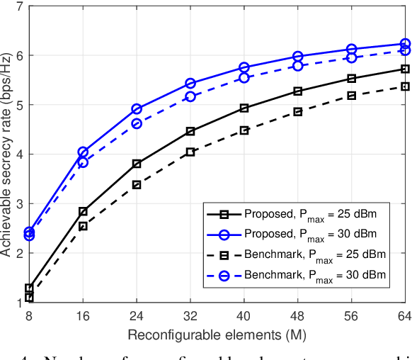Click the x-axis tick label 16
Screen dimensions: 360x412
pyautogui.click(x=83, y=317)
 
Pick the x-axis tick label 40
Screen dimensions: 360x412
pyautogui.click(x=244, y=317)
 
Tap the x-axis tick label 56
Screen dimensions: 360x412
pyautogui.click(x=352, y=317)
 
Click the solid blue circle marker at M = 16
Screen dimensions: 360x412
pyautogui.click(x=83, y=152)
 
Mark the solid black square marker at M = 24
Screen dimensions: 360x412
pyautogui.click(x=137, y=164)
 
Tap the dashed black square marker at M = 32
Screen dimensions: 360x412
pyautogui.click(x=190, y=152)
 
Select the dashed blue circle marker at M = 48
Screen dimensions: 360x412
pyautogui.click(x=298, y=66)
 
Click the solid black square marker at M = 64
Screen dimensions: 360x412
pyautogui.click(x=405, y=69)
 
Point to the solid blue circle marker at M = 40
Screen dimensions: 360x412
pyautogui.click(x=244, y=67)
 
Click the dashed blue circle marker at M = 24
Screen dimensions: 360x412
pyautogui.click(x=137, y=123)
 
